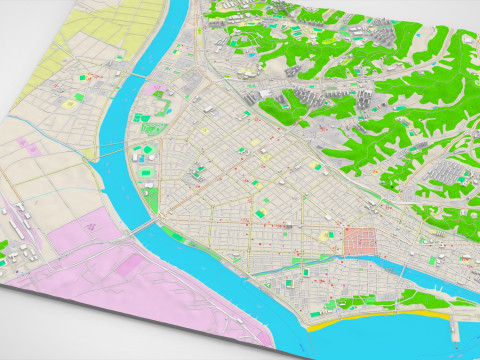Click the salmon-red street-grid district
point(359,241)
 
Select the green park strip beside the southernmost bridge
point(174,236)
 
